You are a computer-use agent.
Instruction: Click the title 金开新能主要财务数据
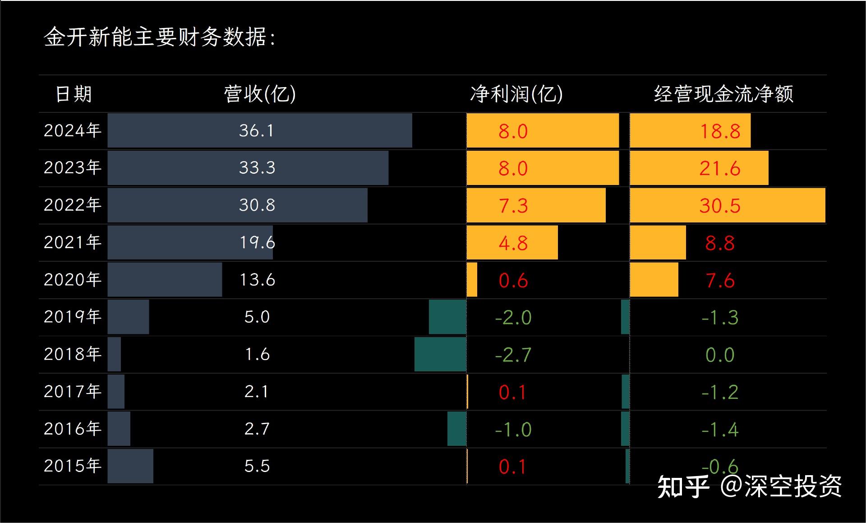[x=159, y=37]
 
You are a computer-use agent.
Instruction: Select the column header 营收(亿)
[x=260, y=94]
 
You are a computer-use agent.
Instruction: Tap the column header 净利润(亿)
[x=516, y=94]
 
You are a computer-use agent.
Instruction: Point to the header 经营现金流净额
[x=723, y=94]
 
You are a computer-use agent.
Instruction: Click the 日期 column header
[x=74, y=94]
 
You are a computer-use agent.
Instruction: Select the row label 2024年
[x=72, y=130]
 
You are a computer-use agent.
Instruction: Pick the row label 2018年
[x=72, y=354]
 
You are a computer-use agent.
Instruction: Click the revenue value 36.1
[x=256, y=130]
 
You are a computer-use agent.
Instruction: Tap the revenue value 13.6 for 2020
[x=257, y=280]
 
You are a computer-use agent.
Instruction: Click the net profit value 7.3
[x=513, y=206]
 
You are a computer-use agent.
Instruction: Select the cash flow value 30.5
[x=720, y=206]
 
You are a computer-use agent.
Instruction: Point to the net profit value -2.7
[x=513, y=355]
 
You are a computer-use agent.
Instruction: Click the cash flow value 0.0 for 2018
[x=720, y=355]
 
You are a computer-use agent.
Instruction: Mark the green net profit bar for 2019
[x=447, y=317]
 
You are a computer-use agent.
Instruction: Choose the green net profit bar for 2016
[x=456, y=429]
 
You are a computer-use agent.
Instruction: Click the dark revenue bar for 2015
[x=130, y=466]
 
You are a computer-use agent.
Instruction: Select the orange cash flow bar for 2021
[x=658, y=243]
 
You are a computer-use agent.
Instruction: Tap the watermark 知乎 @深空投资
[x=749, y=486]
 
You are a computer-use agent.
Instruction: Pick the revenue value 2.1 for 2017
[x=256, y=391]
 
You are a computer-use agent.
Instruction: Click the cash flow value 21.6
[x=720, y=168]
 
